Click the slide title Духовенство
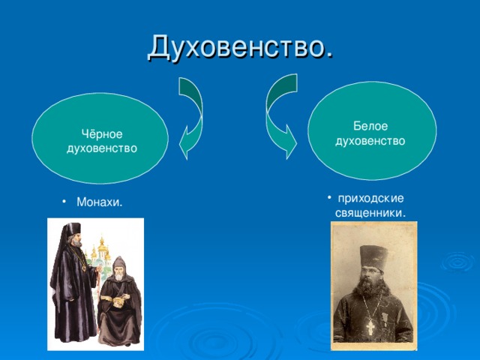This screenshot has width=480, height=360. [240, 47]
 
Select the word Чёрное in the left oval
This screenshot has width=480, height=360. [102, 133]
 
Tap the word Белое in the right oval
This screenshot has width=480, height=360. [370, 126]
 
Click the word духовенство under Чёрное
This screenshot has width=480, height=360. [102, 148]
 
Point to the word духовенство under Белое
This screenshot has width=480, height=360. [370, 141]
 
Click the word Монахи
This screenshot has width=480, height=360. [100, 202]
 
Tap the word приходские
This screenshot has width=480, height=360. [370, 199]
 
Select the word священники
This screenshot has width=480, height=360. [370, 213]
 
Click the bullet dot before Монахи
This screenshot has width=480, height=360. [64, 202]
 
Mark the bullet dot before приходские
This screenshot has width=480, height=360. [329, 198]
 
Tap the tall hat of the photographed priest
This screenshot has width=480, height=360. [373, 258]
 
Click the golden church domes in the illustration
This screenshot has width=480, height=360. [101, 248]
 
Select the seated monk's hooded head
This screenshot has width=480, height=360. [119, 268]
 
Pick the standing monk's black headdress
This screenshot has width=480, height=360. [73, 229]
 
